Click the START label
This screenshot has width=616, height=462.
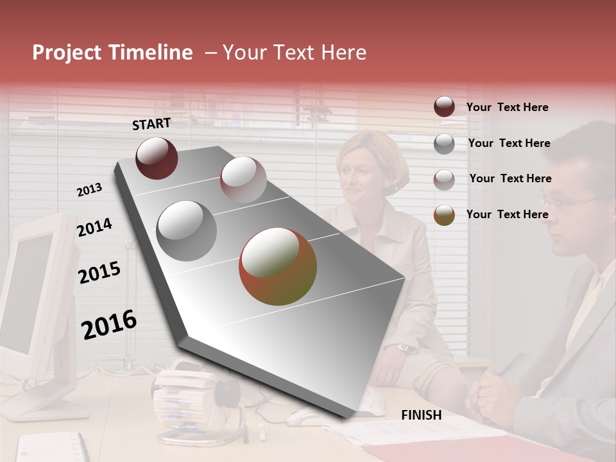coord(151,124)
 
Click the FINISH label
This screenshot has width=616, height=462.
coord(421,415)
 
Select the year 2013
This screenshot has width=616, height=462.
coord(89,190)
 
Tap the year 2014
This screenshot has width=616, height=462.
coord(94,227)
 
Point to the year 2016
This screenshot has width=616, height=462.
coord(109,325)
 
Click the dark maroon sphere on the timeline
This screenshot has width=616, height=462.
coord(157,158)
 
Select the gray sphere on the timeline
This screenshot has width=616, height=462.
coord(187,230)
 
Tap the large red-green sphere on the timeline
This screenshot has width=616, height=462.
coord(278,266)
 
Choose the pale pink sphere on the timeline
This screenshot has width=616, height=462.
coord(243,180)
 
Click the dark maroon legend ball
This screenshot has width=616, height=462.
coord(444,107)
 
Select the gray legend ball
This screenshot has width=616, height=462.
coord(444,144)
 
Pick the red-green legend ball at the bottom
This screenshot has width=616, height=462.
coord(444,215)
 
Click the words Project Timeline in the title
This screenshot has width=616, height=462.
coord(112,53)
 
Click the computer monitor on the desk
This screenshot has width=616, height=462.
coord(32,302)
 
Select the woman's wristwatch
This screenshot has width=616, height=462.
coord(402,348)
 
